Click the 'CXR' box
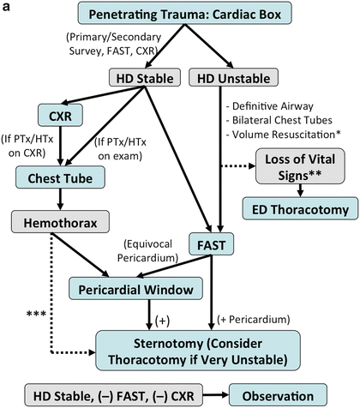click(x=58, y=114)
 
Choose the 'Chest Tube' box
click(x=59, y=177)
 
